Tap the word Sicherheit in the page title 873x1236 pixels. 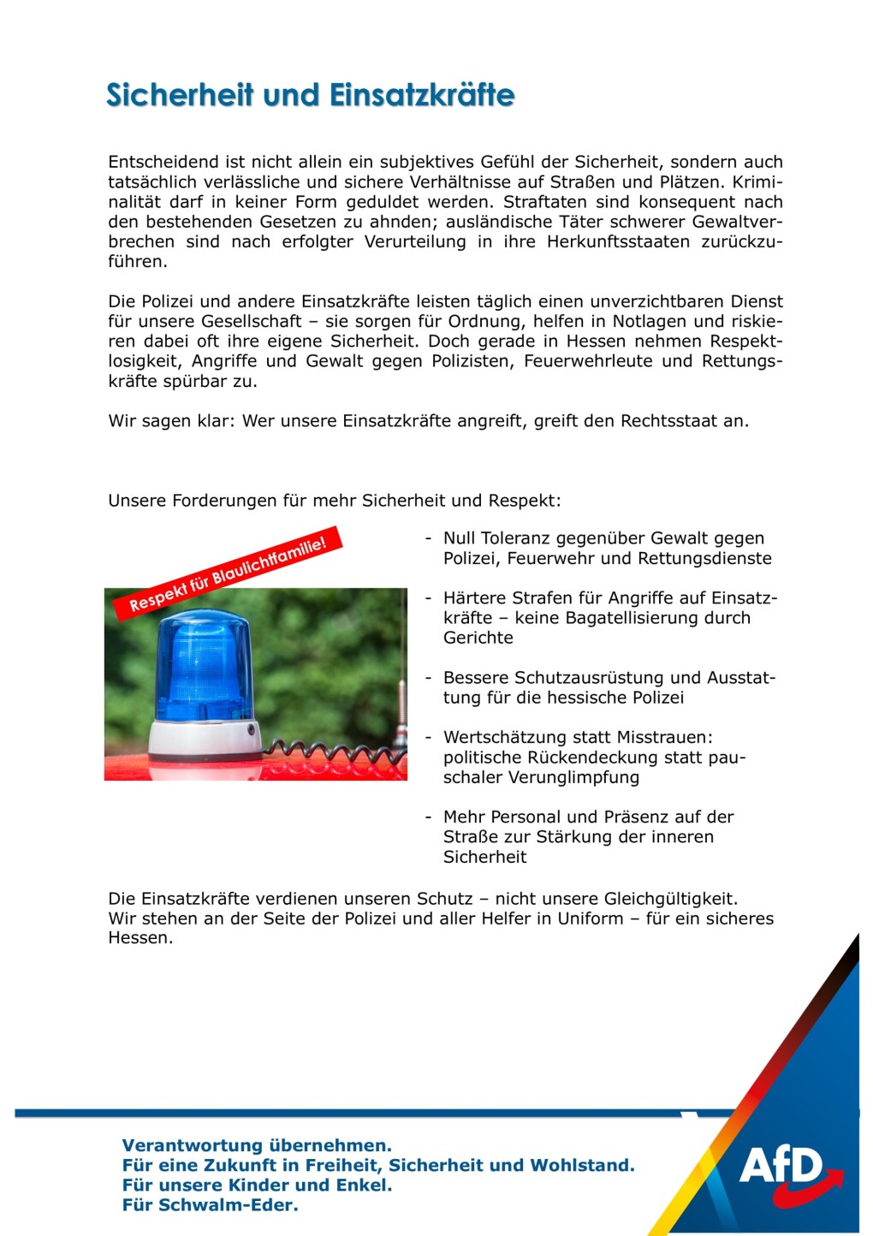[x=180, y=95]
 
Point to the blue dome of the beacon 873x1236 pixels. [x=204, y=663]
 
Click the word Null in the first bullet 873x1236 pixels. [x=460, y=538]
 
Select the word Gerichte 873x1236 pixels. [x=478, y=638]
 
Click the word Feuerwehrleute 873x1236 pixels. [x=587, y=361]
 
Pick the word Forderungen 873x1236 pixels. [x=224, y=501]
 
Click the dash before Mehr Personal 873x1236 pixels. [x=428, y=817]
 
